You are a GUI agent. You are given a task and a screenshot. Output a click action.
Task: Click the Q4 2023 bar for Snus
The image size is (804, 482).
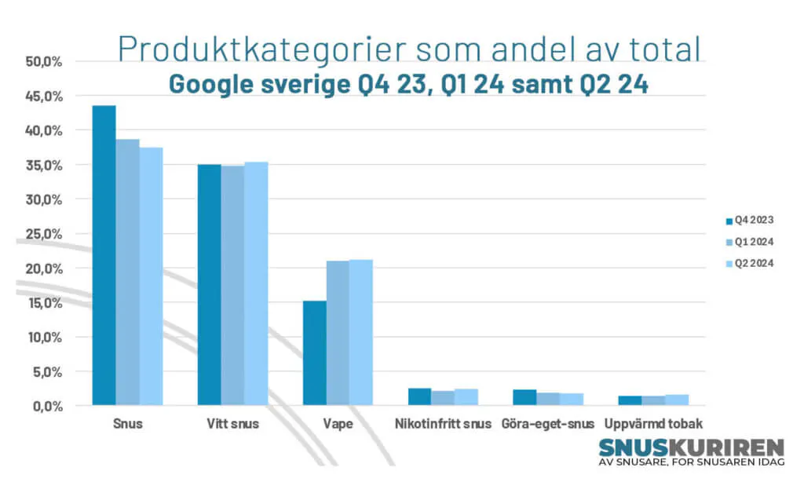tap(104, 255)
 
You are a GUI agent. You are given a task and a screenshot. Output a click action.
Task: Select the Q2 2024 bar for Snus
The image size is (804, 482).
tap(151, 276)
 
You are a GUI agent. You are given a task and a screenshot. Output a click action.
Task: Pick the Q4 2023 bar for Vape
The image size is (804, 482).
tap(314, 352)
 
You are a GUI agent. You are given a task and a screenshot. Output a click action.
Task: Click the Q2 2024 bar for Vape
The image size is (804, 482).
tap(361, 332)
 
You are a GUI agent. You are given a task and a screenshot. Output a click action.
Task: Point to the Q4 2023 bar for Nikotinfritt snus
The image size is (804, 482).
tap(419, 396)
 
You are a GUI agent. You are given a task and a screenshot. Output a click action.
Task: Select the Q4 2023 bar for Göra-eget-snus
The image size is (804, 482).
tap(524, 397)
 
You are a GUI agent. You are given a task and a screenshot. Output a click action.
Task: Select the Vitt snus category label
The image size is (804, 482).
tap(232, 425)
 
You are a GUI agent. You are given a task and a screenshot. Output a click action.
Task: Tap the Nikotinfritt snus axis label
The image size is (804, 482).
tap(442, 425)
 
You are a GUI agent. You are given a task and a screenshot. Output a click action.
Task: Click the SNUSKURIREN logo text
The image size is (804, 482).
tap(691, 447)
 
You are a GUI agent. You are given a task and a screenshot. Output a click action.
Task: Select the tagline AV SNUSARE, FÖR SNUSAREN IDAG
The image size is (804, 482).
tap(691, 462)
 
